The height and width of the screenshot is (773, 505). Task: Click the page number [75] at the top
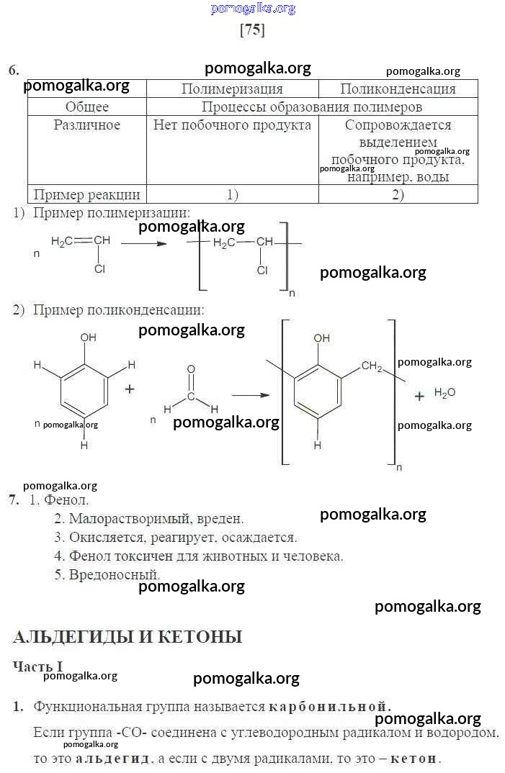[252, 30]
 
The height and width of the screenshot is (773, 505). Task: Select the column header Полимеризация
[232, 89]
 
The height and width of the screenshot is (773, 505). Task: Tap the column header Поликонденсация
[398, 89]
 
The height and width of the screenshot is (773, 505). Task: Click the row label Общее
[87, 107]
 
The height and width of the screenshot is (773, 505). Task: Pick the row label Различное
[87, 125]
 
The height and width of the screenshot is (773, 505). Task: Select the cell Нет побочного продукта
[232, 125]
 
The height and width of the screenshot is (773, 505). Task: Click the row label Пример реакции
[87, 195]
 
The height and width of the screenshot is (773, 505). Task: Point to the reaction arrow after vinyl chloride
[143, 243]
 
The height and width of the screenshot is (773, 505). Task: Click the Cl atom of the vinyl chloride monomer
[99, 268]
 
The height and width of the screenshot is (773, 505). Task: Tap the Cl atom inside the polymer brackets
[262, 270]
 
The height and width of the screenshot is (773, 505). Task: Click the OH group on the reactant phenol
[89, 338]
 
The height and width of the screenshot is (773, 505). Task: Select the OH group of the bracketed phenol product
[321, 338]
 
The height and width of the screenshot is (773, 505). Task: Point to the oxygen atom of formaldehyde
[191, 369]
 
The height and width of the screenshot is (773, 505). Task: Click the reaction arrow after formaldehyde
[251, 395]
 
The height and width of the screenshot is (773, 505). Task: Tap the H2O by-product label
[444, 393]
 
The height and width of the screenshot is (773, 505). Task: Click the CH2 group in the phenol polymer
[372, 366]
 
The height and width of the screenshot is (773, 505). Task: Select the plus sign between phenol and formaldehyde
[130, 389]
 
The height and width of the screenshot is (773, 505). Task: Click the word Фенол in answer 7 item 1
[66, 500]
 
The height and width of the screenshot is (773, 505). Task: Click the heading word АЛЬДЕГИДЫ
[73, 636]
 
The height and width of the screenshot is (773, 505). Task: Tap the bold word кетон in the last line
[414, 758]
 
